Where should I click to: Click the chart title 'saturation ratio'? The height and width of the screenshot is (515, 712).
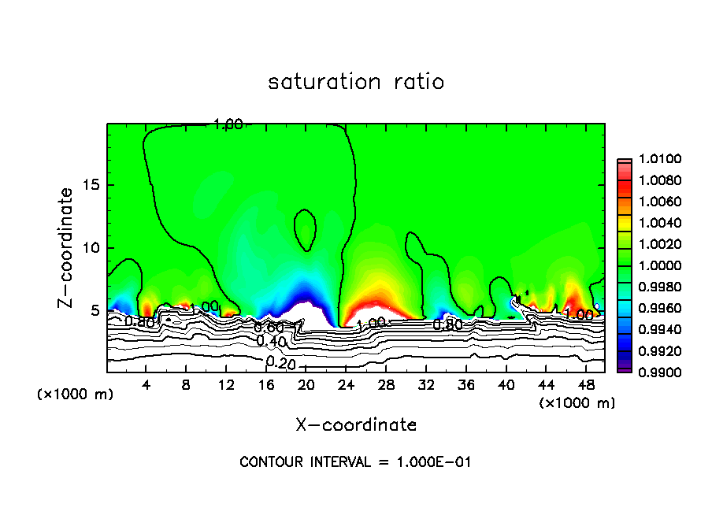click(x=356, y=82)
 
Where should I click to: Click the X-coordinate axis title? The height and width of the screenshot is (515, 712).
click(x=356, y=424)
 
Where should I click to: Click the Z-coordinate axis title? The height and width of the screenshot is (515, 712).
click(x=67, y=247)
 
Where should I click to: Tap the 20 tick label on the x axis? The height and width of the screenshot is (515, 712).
click(x=306, y=385)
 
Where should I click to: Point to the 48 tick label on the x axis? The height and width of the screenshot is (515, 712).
click(x=585, y=385)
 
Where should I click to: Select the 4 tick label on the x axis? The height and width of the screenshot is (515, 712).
click(x=146, y=385)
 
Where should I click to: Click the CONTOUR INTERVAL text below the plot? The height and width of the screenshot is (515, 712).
click(x=355, y=462)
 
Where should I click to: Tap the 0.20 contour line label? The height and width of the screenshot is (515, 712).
click(x=280, y=362)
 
